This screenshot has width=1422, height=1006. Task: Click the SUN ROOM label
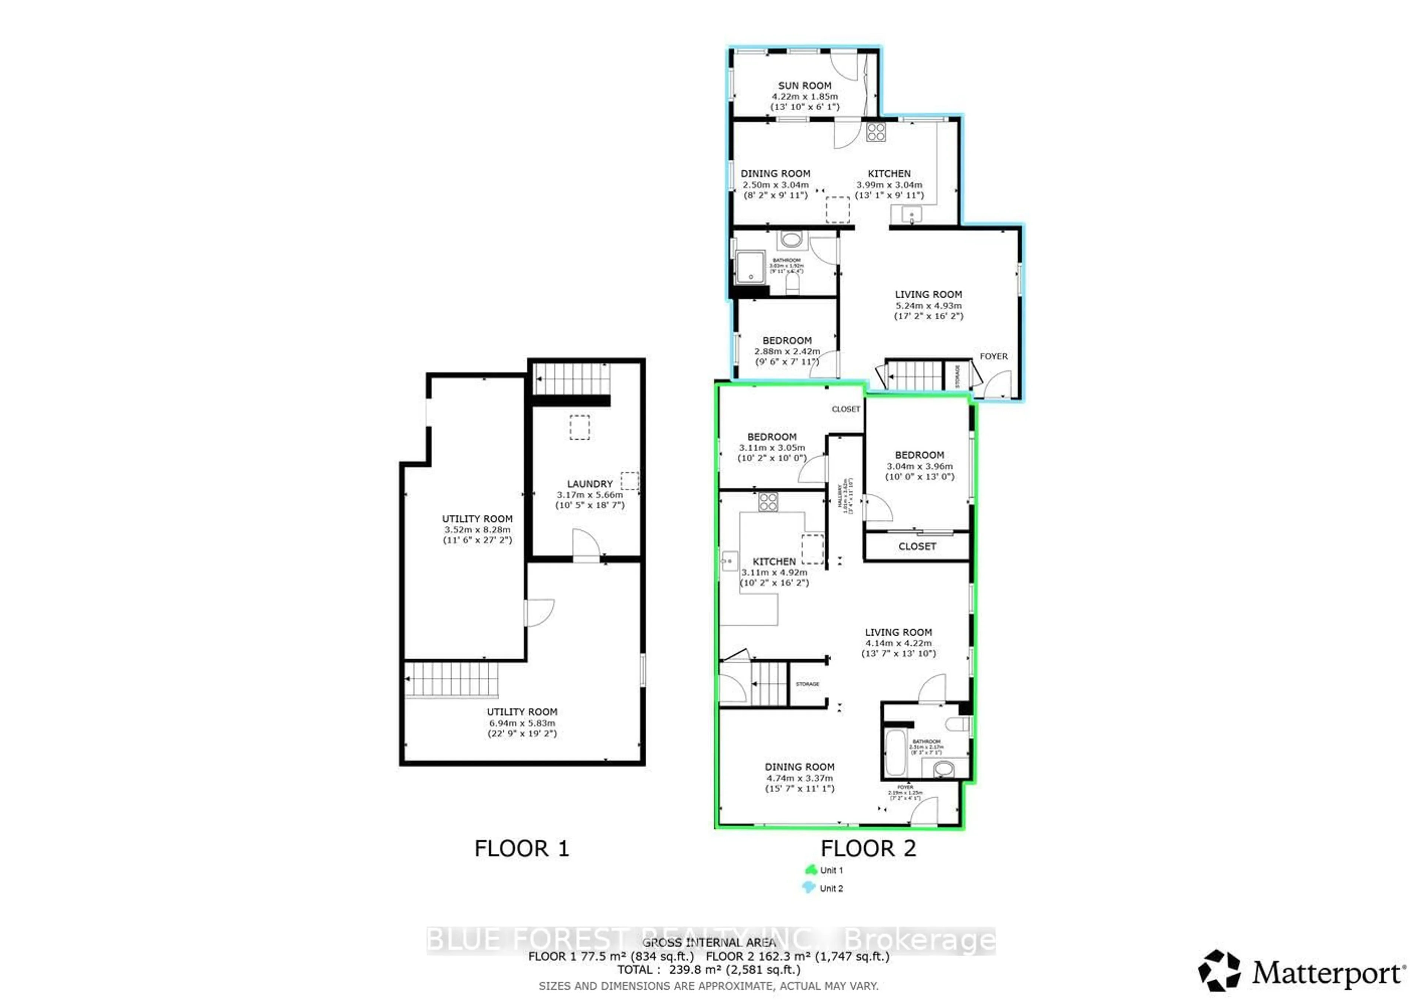click(805, 86)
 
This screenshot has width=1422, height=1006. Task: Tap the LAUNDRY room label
click(590, 484)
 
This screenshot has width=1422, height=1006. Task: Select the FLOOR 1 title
click(521, 848)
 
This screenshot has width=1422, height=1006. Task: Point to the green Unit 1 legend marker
click(811, 870)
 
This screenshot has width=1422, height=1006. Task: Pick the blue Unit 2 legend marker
click(809, 888)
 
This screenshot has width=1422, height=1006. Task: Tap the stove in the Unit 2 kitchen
click(876, 132)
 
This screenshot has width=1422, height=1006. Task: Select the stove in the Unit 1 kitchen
click(768, 502)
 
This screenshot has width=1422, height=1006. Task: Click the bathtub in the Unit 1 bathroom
click(895, 753)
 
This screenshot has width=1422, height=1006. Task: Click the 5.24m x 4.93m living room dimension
click(928, 305)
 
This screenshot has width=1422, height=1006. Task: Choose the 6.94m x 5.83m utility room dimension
click(522, 723)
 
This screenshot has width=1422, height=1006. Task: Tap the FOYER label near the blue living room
click(994, 356)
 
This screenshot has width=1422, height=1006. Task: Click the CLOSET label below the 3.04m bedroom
click(917, 546)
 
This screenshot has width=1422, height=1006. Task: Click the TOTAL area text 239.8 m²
click(708, 969)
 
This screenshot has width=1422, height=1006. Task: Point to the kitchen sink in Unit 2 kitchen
click(912, 215)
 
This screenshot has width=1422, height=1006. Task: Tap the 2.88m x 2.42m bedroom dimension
click(787, 351)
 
